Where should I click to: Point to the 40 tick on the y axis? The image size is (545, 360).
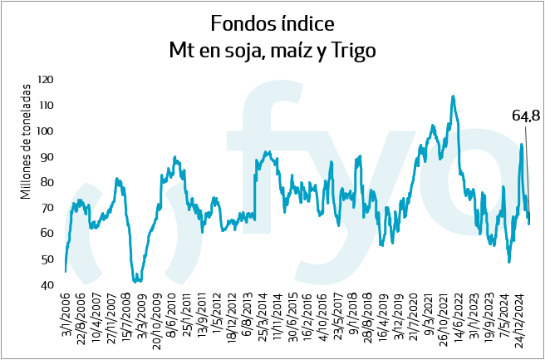[48, 285]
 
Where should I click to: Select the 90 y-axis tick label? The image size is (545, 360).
[48, 157]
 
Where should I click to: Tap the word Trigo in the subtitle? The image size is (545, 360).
[353, 51]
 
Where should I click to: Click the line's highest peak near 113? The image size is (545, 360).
[453, 96]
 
